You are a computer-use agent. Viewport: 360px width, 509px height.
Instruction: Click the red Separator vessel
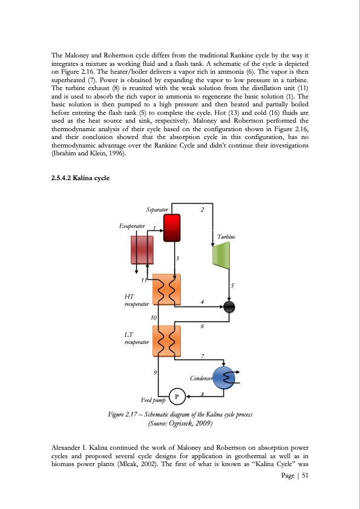tap(172, 227)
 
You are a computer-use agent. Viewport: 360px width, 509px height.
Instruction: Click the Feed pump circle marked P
tap(177, 397)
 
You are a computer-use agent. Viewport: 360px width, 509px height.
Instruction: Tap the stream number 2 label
tap(203, 210)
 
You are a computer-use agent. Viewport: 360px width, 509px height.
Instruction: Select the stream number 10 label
tap(154, 317)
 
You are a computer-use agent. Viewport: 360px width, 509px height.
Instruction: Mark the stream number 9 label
tap(155, 372)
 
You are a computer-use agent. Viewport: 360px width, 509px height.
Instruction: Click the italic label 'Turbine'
tap(226, 237)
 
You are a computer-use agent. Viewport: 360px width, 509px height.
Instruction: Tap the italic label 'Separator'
tap(157, 209)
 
